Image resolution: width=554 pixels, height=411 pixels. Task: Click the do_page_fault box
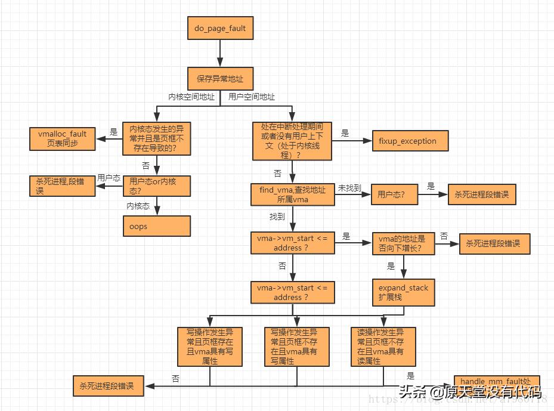coord(220,28)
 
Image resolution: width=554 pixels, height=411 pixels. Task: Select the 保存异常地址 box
coord(220,78)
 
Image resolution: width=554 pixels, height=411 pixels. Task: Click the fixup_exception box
coord(410,141)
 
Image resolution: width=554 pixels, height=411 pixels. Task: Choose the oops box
coord(156,226)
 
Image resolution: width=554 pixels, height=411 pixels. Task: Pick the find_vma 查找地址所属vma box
coord(292,194)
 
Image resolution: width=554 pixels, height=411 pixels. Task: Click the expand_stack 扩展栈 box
coord(403,292)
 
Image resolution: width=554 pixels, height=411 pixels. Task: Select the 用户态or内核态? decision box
coord(156,186)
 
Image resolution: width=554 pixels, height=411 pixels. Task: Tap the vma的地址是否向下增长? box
coord(403,243)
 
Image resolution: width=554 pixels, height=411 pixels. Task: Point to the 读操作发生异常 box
coord(382,346)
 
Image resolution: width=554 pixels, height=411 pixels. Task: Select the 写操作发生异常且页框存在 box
coord(209,346)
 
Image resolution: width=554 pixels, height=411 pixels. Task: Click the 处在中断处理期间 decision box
coord(292,141)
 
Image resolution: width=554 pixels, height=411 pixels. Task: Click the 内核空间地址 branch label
coord(191,97)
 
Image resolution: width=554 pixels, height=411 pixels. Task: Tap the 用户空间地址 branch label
coord(252,97)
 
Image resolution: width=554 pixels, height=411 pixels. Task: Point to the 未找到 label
coord(349,188)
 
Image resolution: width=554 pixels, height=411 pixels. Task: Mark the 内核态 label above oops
coord(138,206)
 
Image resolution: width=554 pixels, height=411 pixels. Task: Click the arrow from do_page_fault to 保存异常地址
coord(220,54)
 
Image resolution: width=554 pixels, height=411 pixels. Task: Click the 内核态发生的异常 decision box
coord(156,139)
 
